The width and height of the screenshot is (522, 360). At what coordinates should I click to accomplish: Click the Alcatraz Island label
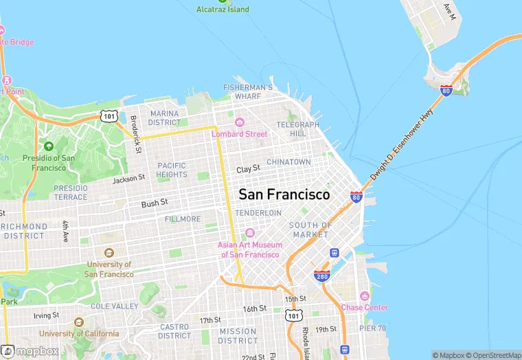223,10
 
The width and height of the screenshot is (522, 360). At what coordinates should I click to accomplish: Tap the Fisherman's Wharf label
248,92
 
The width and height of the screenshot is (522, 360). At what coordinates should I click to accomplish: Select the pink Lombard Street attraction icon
240,122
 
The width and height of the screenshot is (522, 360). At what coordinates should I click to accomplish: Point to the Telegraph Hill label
297,129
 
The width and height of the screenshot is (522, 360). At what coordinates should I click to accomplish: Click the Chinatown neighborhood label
288,162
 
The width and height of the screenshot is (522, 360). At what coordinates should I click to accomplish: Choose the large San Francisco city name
284,194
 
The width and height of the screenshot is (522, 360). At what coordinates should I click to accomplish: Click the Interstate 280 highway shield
322,276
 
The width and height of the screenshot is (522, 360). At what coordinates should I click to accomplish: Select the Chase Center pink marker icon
365,296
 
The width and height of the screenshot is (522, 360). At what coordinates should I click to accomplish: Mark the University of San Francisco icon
109,254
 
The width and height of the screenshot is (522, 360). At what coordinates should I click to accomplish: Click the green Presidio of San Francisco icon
48,146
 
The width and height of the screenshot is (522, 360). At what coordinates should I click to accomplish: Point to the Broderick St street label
136,134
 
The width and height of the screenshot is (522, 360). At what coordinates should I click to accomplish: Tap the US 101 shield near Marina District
110,116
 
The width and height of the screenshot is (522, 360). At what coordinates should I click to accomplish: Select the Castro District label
174,331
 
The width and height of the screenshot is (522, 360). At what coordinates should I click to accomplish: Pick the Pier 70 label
372,329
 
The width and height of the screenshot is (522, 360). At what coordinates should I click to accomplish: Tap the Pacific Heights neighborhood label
172,170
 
